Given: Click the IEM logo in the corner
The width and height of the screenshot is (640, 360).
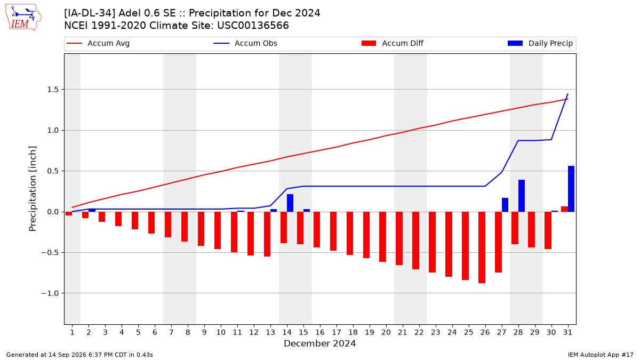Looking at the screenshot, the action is click(x=23, y=18).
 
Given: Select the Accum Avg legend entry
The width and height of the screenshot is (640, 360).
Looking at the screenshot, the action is click(x=98, y=43).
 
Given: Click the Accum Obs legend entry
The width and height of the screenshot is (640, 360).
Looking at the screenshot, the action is click(x=245, y=43).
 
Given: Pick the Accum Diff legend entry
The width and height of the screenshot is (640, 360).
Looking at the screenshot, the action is click(x=393, y=43).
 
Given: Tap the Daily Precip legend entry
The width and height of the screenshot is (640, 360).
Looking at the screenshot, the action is click(x=540, y=43).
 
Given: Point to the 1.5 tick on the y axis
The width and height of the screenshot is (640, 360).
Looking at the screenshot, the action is click(x=52, y=90).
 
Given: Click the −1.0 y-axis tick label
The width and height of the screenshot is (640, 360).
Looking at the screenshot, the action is click(x=50, y=293).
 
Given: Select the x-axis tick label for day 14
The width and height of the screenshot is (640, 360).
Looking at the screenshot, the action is click(x=287, y=332).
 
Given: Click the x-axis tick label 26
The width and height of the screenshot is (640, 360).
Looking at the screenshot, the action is click(x=485, y=332).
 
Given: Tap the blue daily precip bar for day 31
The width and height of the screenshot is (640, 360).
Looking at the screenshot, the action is click(x=571, y=189).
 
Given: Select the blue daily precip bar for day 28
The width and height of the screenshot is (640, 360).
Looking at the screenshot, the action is click(x=522, y=196).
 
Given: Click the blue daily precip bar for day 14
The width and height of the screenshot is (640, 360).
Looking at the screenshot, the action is click(x=290, y=203).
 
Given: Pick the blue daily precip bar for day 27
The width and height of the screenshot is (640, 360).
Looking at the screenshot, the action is click(x=505, y=205).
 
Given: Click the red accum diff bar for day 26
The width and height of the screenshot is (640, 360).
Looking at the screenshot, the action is click(x=482, y=247).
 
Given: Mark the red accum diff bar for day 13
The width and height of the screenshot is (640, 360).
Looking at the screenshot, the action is click(x=267, y=234).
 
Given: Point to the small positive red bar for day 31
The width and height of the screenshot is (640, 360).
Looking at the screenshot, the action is click(x=565, y=209).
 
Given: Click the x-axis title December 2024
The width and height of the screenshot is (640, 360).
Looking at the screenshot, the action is click(x=319, y=343).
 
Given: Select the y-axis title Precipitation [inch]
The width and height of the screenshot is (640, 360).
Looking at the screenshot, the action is click(x=33, y=189).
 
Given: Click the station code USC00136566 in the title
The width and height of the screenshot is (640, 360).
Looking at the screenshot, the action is click(x=253, y=26).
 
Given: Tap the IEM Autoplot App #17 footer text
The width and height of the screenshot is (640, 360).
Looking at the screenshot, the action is click(x=601, y=355).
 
